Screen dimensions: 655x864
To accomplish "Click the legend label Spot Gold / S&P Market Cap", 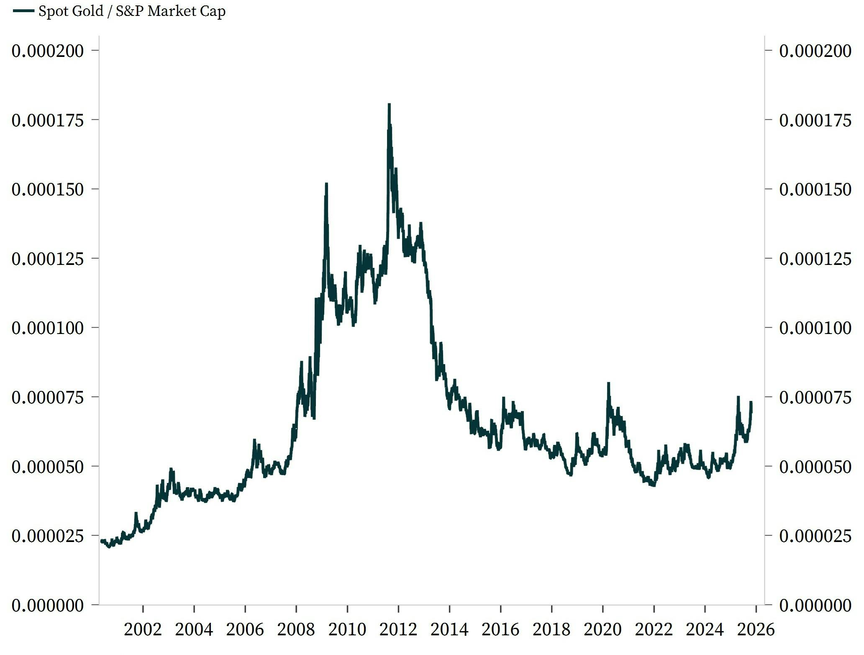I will [x=132, y=11].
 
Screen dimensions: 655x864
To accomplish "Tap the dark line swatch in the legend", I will [x=23, y=11].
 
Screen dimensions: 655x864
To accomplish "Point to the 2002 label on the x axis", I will [x=143, y=629].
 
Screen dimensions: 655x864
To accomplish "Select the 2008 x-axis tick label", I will [x=296, y=629].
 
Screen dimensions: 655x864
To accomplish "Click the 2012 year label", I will [x=398, y=629].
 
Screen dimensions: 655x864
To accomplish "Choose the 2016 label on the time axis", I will [x=500, y=629].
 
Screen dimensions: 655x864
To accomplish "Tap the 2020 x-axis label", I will [x=602, y=629].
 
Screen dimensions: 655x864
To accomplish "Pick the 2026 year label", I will [x=756, y=629].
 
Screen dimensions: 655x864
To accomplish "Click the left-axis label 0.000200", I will [x=48, y=51].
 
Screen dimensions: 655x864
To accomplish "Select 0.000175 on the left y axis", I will [x=48, y=121].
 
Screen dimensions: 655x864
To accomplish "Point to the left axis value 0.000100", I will [x=48, y=328].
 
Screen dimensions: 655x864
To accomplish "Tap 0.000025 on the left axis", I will [x=48, y=536].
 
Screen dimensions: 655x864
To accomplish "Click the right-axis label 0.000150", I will [x=815, y=190].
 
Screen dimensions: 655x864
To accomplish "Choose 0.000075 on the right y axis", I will [x=815, y=397].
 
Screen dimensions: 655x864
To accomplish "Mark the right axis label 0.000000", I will [x=815, y=605].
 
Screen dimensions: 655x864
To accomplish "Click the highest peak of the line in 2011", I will [x=389, y=104].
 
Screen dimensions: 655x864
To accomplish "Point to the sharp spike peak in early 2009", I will [x=326, y=184].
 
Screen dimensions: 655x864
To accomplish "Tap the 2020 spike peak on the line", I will [x=608, y=383].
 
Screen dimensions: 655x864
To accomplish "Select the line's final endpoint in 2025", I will [x=751, y=403].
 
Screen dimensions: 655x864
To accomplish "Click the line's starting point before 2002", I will [x=102, y=541].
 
